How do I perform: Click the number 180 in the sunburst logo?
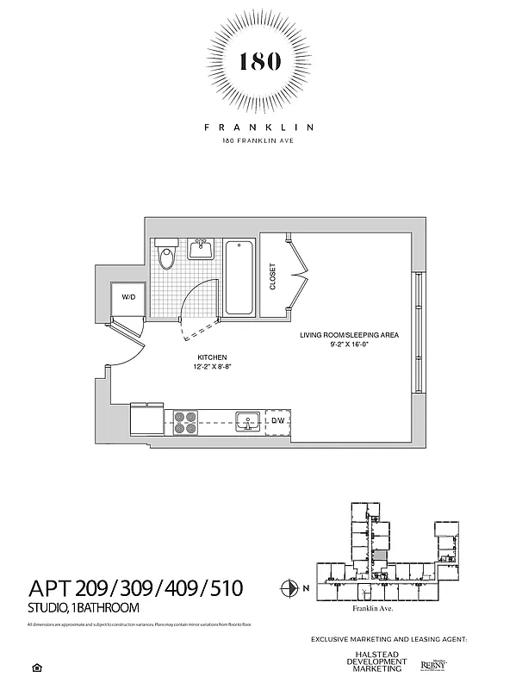(x=259, y=62)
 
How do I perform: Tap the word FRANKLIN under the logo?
(x=259, y=127)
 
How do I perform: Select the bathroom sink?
(x=202, y=250)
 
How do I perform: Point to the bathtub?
(x=240, y=277)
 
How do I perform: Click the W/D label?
(x=128, y=296)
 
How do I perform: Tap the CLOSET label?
(x=273, y=276)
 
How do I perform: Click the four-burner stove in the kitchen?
(x=185, y=421)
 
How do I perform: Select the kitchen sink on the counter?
(x=249, y=421)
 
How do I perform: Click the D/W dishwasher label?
(x=278, y=421)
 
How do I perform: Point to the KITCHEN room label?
(x=212, y=357)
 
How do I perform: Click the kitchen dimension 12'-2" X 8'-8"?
(x=212, y=366)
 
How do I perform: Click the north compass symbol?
(x=289, y=589)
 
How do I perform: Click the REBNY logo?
(x=433, y=664)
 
